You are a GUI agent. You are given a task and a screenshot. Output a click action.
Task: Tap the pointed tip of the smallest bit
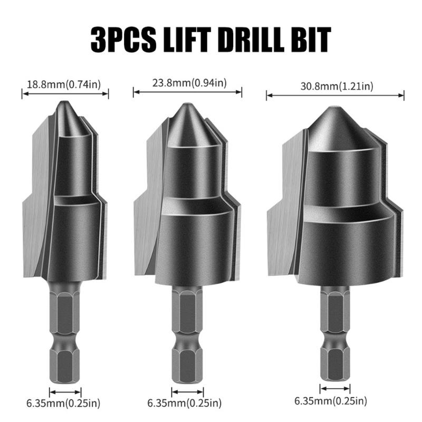pos(64,103)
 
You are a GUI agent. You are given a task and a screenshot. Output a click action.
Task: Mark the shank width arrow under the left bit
pos(65,391)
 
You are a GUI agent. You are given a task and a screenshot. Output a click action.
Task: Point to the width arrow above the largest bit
pos(335,95)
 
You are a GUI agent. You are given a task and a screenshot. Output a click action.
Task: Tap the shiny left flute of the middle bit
pos(147,211)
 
